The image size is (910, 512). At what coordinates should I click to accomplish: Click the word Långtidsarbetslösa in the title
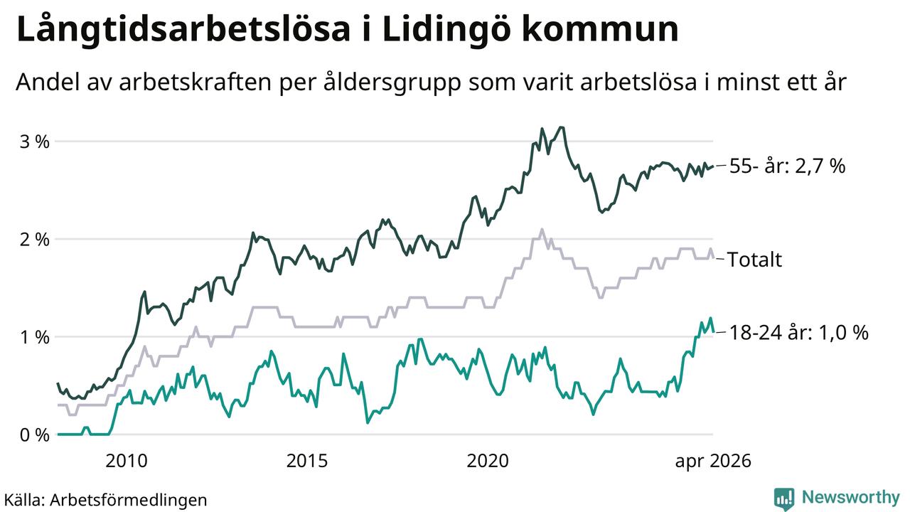[x=183, y=31]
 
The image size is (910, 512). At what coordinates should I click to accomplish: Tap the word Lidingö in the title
[x=446, y=31]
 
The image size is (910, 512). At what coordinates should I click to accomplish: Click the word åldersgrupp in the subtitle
[x=392, y=82]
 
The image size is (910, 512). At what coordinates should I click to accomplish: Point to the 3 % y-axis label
[x=35, y=142]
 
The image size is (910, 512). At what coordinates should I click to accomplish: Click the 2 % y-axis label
[x=35, y=240]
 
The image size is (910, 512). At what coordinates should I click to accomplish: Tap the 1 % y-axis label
[x=35, y=337]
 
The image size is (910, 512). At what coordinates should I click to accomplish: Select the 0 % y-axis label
[x=35, y=435]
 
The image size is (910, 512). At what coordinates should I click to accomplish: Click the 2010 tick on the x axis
[x=127, y=461]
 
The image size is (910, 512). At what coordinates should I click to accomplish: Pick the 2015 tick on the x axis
[x=306, y=461]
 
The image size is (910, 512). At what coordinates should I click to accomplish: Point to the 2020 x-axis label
[x=488, y=461]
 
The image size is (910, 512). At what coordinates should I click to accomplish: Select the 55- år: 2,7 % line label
[x=787, y=166]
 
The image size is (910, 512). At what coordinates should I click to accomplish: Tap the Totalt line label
[x=754, y=260]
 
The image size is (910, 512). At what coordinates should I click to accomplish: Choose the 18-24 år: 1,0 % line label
[x=799, y=333]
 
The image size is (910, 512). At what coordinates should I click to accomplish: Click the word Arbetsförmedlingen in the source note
[x=129, y=500]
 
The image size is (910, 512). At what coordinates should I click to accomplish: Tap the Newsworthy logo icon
[x=784, y=498]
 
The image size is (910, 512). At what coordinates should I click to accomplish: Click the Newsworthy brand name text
[x=851, y=497]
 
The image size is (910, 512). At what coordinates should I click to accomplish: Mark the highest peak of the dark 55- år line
[x=562, y=127]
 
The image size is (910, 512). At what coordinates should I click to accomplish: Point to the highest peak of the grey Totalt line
[x=542, y=229]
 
